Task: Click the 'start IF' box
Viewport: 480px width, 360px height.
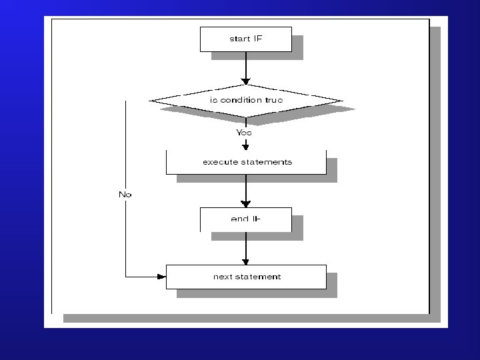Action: click(246, 39)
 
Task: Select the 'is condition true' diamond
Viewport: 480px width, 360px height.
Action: click(246, 101)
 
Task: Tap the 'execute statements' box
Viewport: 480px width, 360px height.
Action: click(246, 162)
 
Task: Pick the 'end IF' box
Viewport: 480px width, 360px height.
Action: click(246, 219)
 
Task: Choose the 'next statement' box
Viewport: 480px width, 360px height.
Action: click(246, 277)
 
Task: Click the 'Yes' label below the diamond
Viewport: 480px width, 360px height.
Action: click(245, 132)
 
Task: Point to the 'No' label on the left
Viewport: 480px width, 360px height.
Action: click(125, 194)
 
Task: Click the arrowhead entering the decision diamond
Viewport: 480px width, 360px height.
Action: click(246, 81)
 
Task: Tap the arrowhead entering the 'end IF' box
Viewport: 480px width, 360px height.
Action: click(246, 203)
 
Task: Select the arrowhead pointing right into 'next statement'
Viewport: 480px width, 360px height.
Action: click(161, 277)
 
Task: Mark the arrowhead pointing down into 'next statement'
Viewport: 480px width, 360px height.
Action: click(246, 261)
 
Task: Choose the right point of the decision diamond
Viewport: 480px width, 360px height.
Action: click(342, 101)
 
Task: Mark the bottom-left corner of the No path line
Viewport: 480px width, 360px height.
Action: click(126, 277)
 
